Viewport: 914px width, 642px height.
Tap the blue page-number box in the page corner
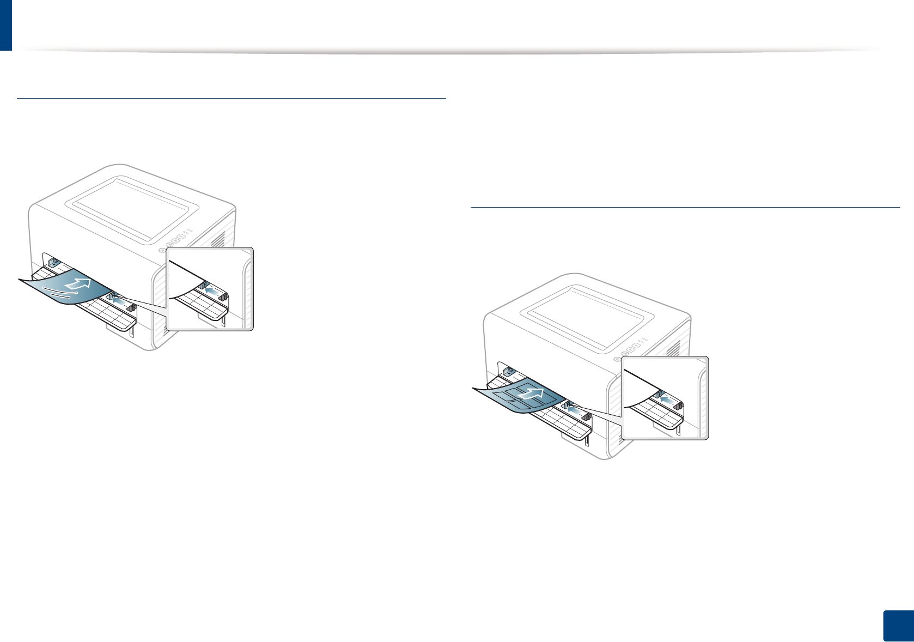[x=897, y=625]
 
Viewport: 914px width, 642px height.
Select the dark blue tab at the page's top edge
[x=5, y=25]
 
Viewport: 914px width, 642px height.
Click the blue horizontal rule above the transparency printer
[x=231, y=98]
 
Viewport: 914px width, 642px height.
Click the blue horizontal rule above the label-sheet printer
[x=685, y=207]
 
